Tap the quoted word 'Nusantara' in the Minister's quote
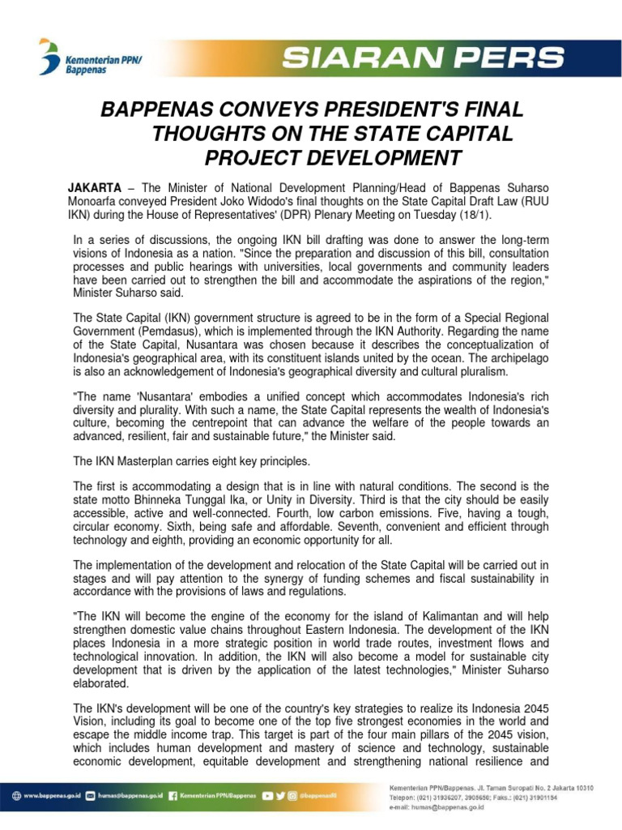[x=164, y=397]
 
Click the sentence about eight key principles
[x=191, y=461]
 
